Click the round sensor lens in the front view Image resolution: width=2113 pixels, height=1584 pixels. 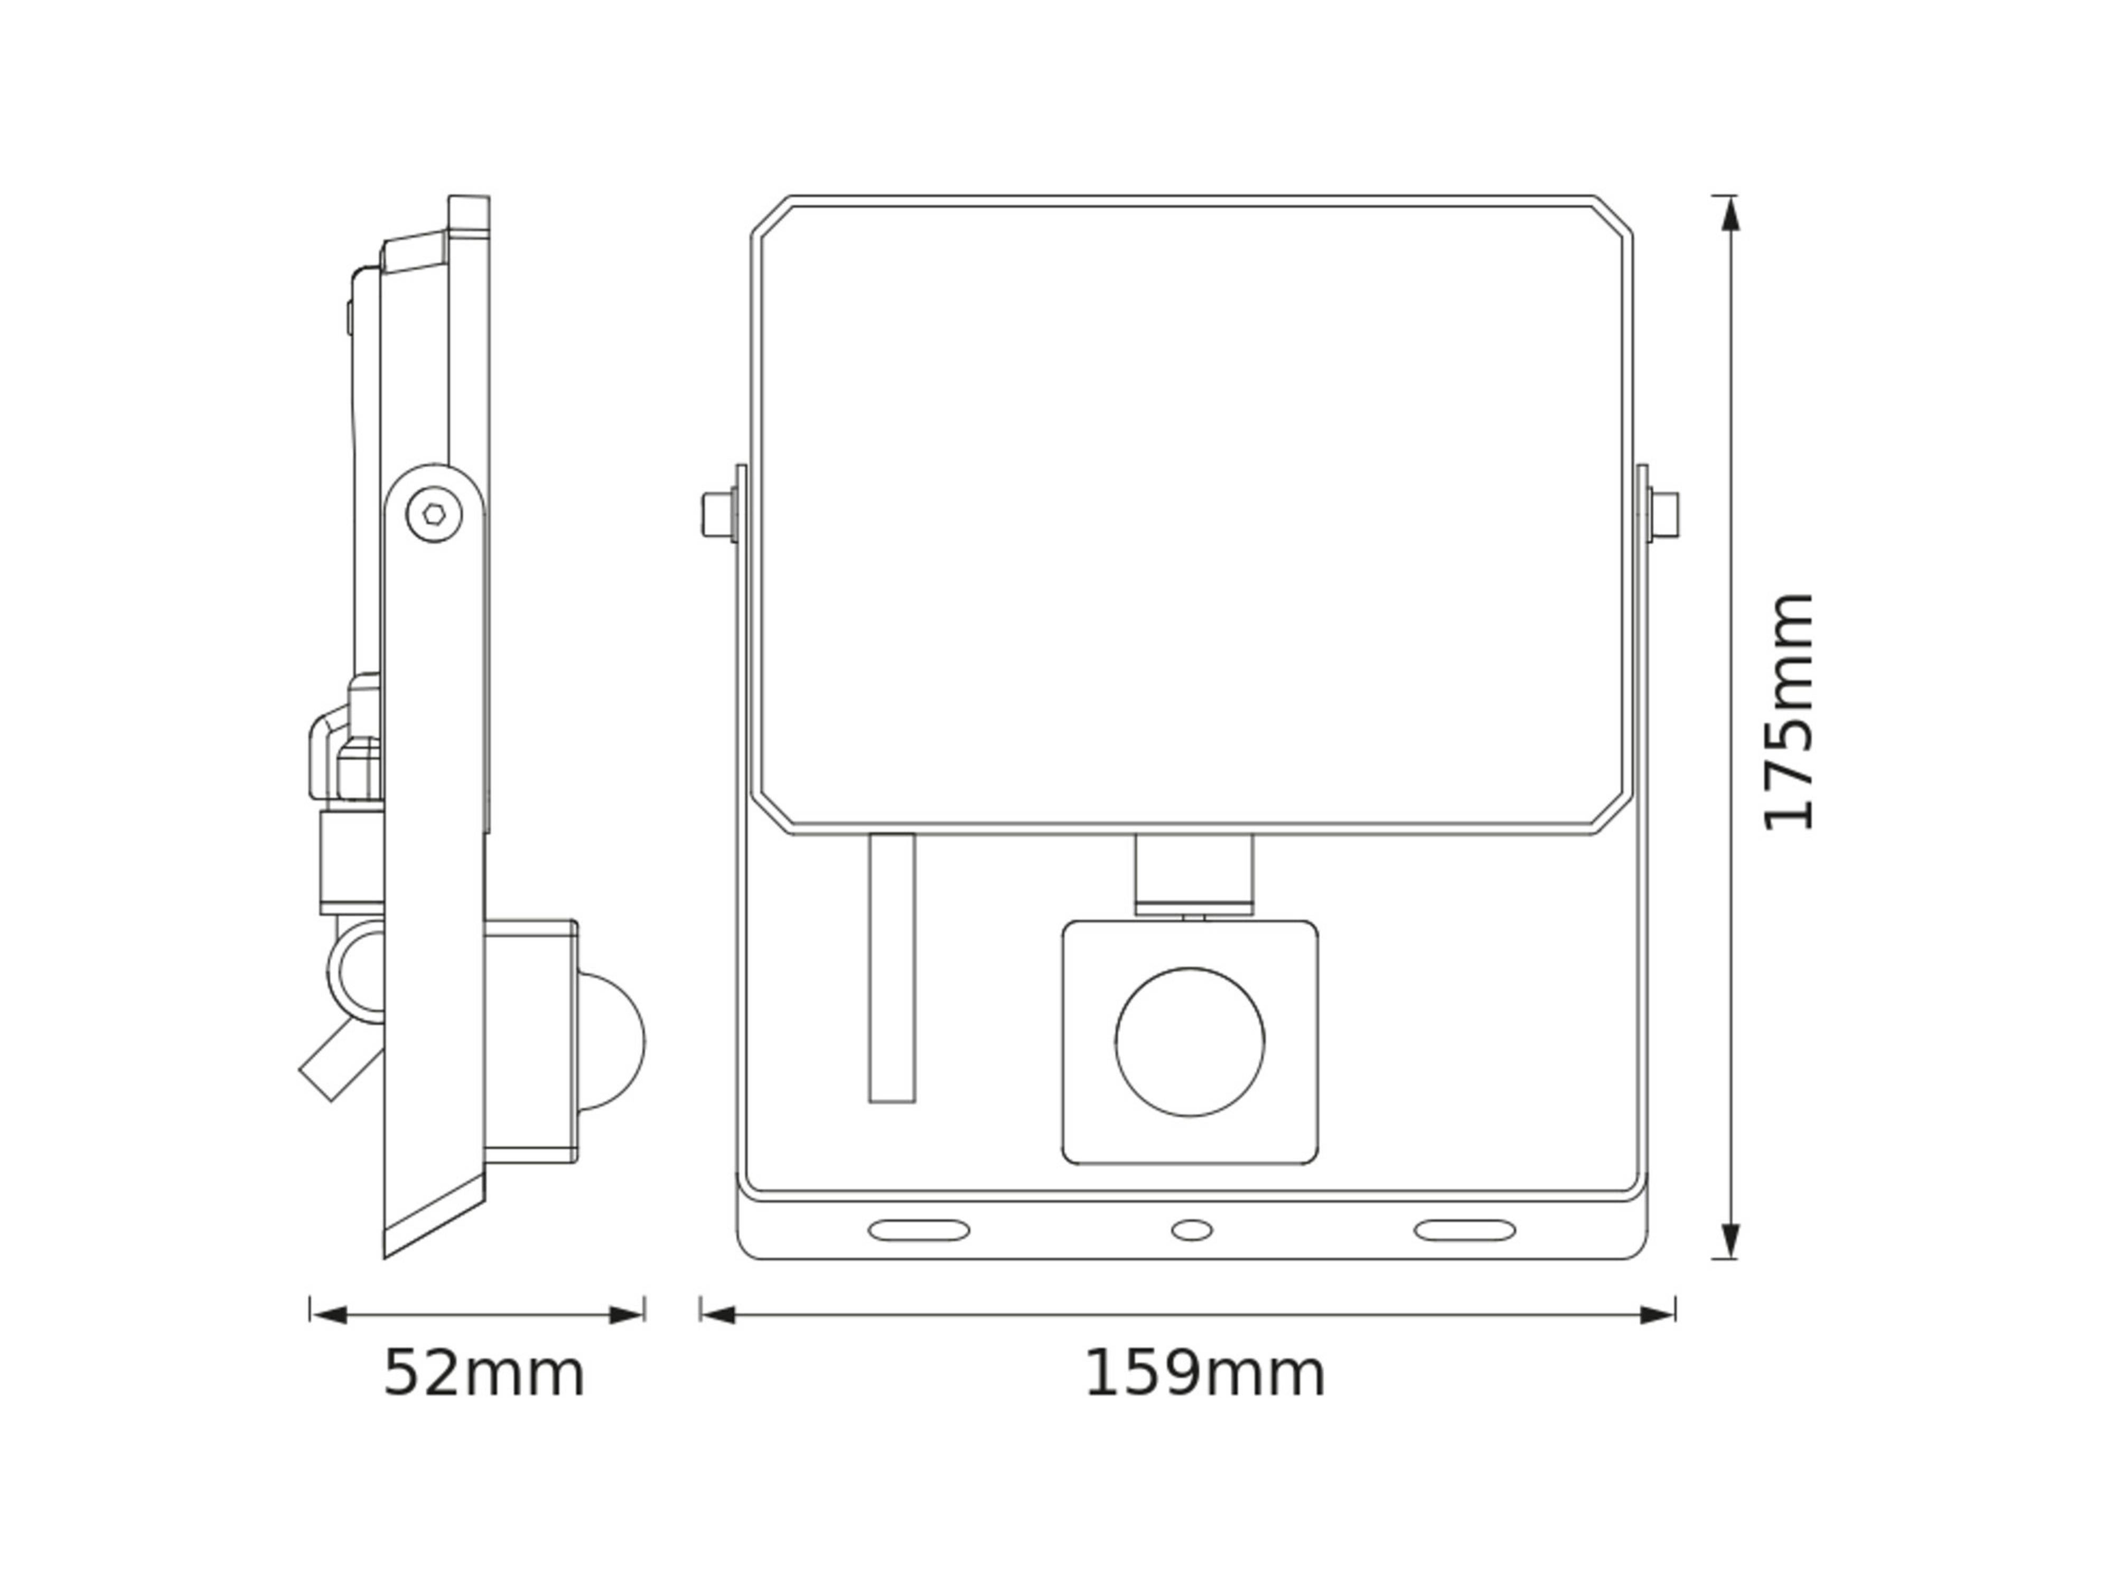click(1189, 1042)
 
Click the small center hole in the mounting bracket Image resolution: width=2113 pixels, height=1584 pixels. click(1191, 1230)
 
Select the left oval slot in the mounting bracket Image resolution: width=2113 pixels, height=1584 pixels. click(918, 1230)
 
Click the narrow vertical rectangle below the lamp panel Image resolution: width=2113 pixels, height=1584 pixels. click(891, 968)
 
